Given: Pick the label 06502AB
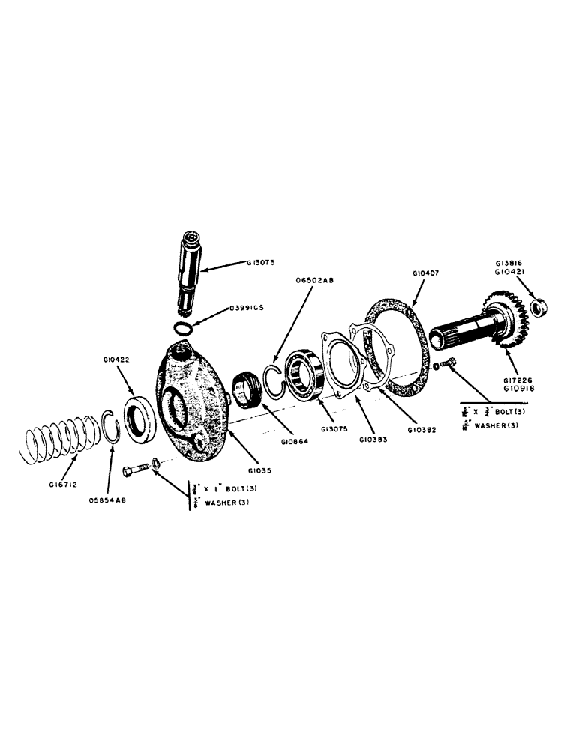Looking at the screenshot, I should click(316, 281).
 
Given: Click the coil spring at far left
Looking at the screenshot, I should click(57, 446).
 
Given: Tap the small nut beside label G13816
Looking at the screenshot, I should click(538, 306).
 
